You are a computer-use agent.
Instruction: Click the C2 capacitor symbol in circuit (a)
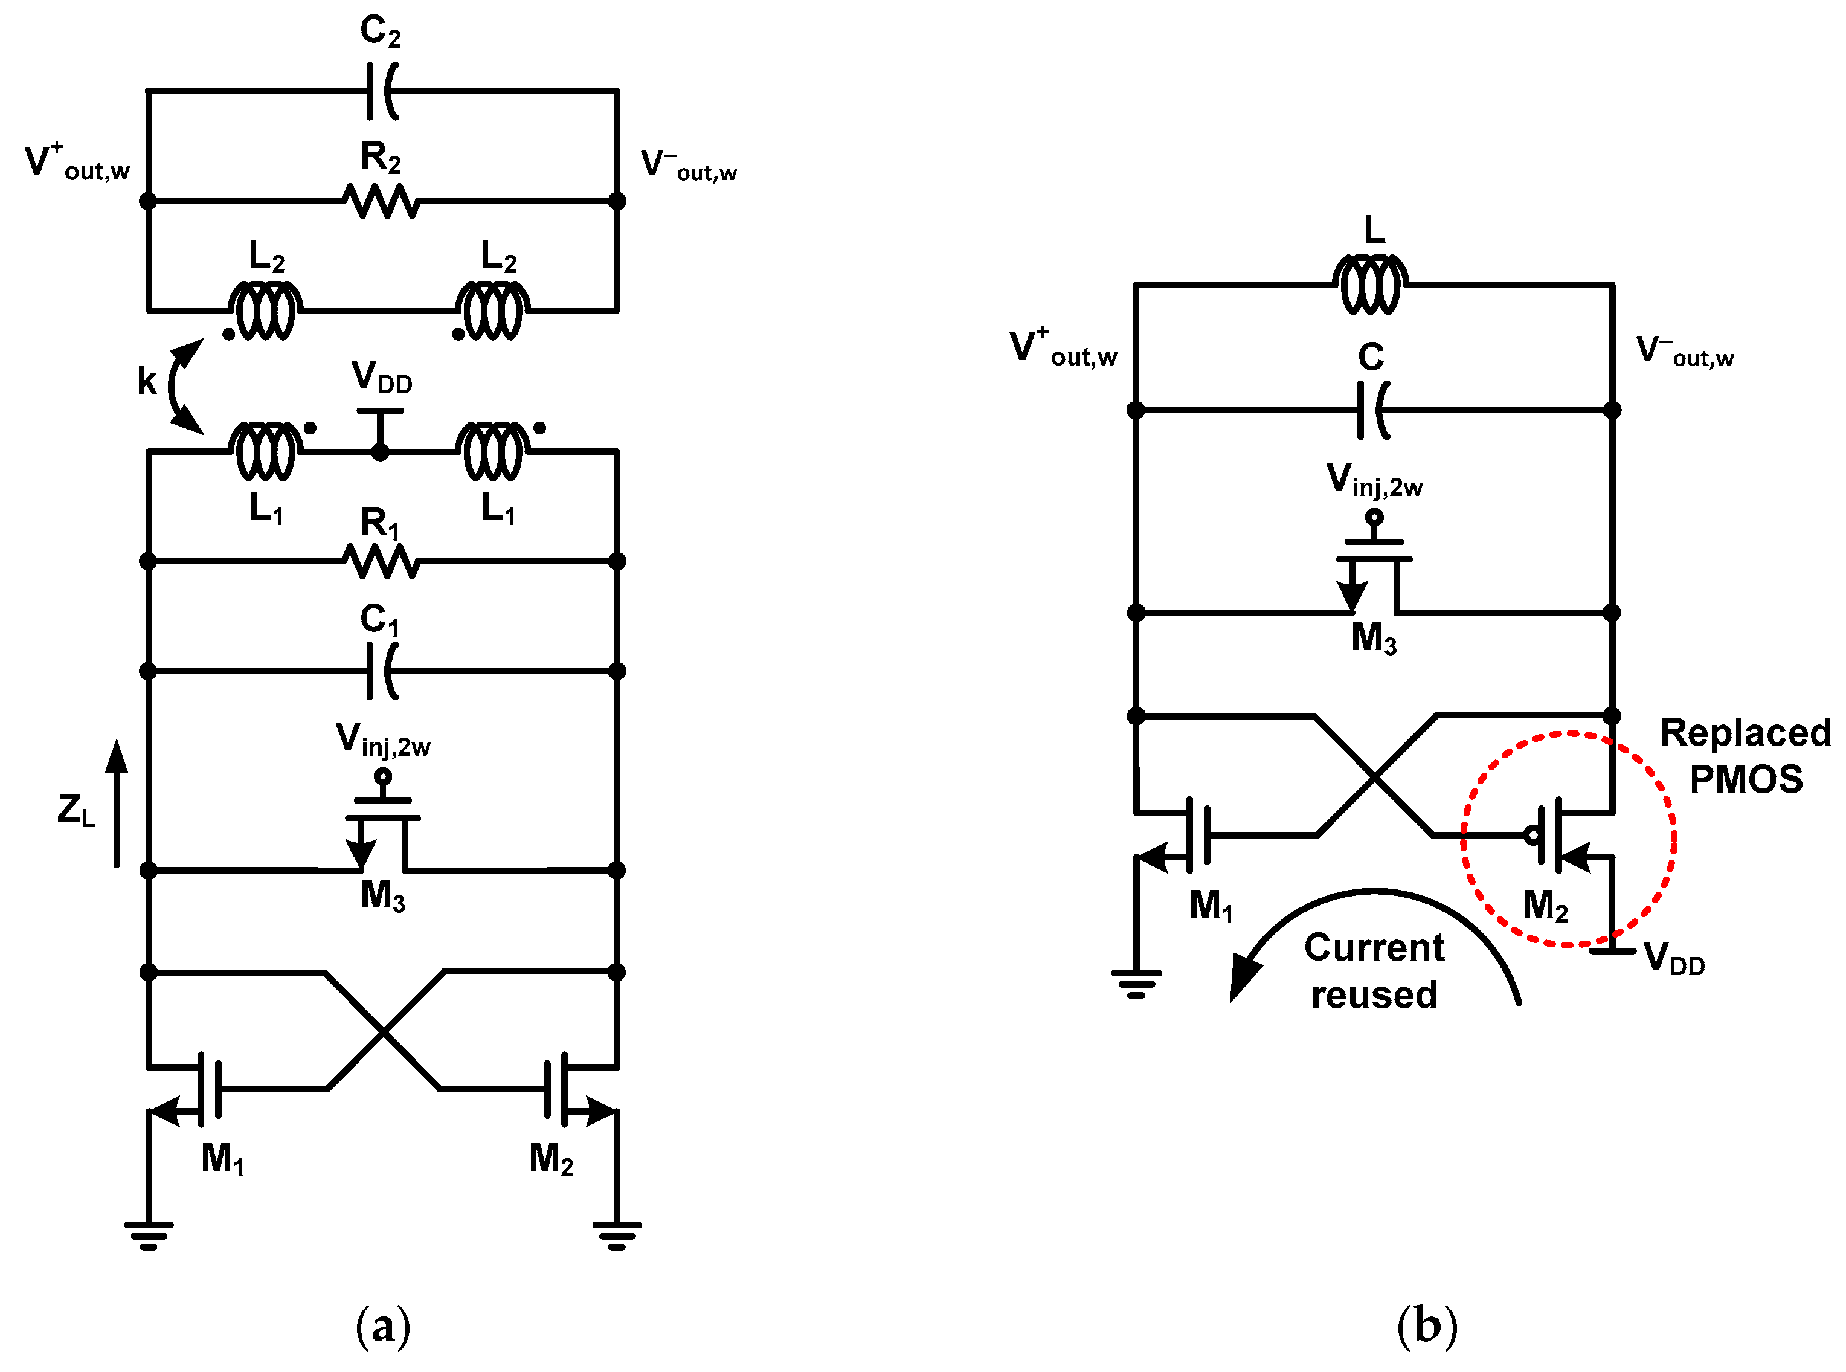(x=382, y=91)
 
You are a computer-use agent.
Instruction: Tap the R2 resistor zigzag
(x=381, y=201)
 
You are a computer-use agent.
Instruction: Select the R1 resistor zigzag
(x=381, y=561)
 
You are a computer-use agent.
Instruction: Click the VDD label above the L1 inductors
(x=381, y=378)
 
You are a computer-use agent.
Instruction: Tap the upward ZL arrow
(x=117, y=802)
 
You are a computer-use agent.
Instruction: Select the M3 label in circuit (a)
(x=383, y=895)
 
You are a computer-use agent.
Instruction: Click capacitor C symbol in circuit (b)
(x=1372, y=410)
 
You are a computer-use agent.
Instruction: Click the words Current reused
(x=1374, y=971)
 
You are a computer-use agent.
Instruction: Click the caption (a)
(x=383, y=1326)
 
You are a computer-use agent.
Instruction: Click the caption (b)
(x=1427, y=1326)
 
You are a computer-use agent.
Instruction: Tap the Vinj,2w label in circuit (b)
(x=1374, y=481)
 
